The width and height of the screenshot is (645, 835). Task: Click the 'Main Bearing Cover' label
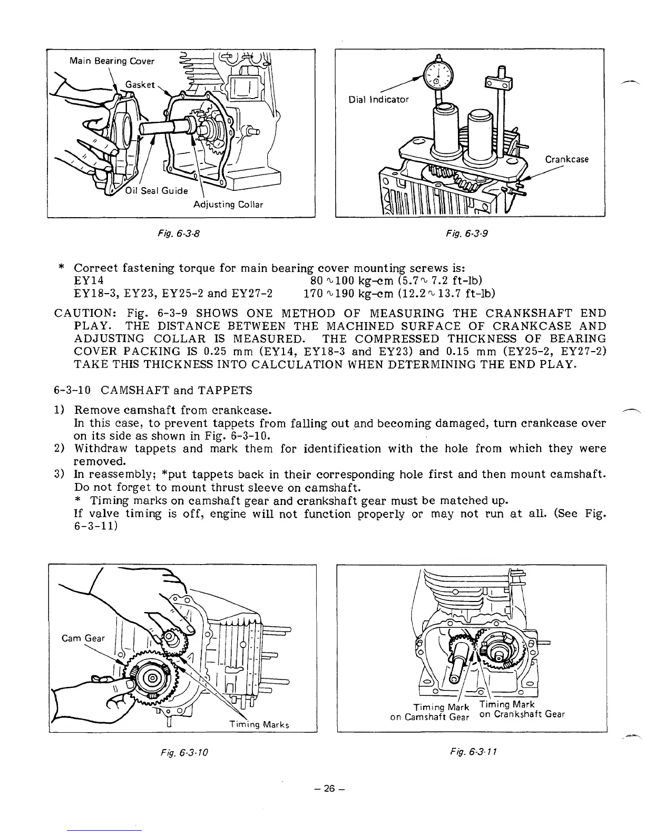112,61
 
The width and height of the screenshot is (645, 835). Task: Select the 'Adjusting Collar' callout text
228,204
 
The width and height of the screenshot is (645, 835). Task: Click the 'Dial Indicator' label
378,99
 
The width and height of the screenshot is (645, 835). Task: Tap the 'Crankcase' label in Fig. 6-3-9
566,159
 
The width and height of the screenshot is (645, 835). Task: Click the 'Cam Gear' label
83,638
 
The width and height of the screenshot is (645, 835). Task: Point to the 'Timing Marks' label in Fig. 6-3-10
260,724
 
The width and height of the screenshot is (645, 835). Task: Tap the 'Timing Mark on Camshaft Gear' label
429,712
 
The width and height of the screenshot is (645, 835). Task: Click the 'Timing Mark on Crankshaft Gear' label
522,710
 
